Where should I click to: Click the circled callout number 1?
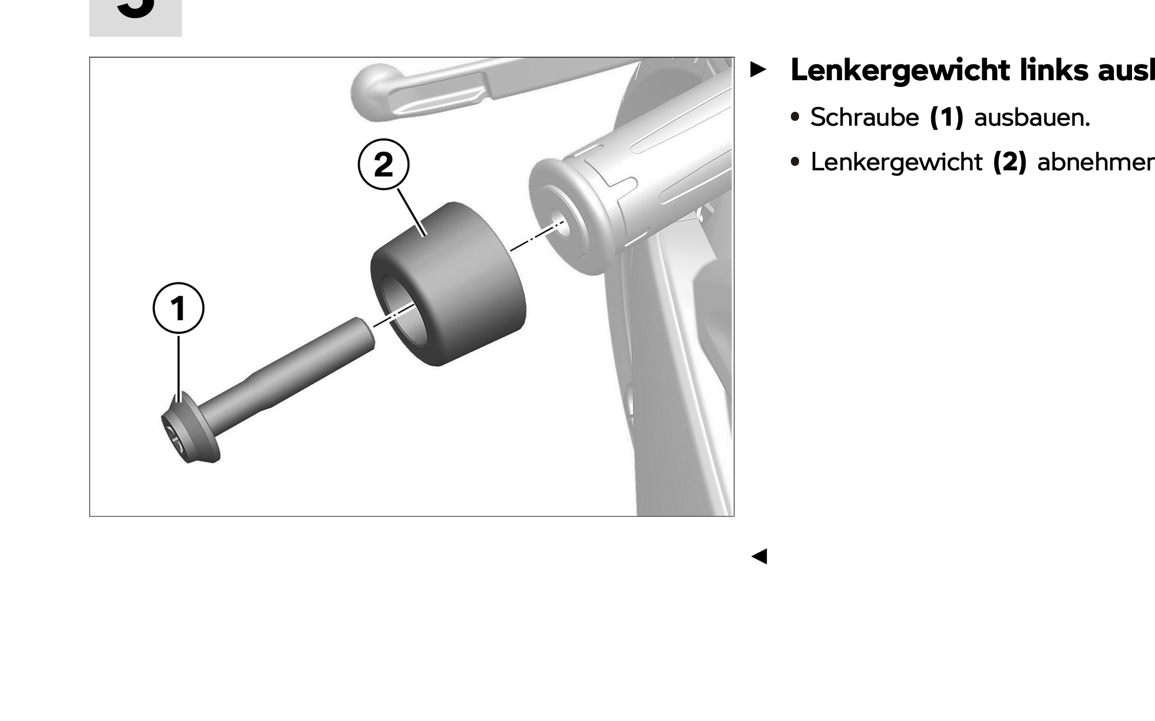coord(179,308)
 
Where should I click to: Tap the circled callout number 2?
coord(383,164)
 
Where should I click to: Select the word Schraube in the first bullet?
coord(864,117)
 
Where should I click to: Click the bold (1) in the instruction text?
coord(947,117)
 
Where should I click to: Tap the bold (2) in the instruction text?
coord(1009,162)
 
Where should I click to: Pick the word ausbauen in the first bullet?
coord(1032,117)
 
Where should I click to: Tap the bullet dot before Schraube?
coord(795,117)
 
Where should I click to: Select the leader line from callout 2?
coord(411,212)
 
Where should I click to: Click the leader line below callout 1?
coord(179,367)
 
